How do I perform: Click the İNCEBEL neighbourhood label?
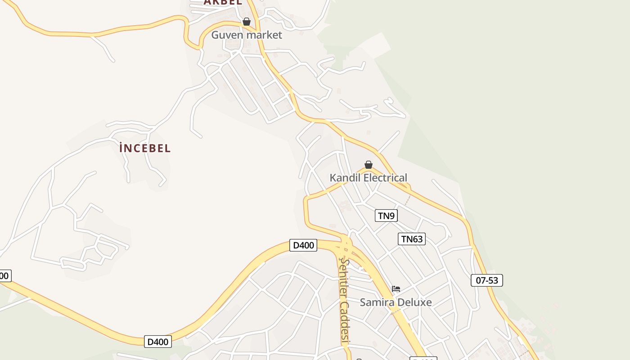[145, 148]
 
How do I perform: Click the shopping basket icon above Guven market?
[247, 22]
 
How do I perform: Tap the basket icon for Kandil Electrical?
[369, 165]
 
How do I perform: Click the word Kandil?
[345, 178]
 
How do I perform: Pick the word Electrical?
[385, 178]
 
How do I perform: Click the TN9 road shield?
[386, 216]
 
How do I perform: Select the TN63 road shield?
[412, 239]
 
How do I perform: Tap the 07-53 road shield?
[487, 280]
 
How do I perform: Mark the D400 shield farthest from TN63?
[158, 342]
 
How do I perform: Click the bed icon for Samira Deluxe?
[396, 289]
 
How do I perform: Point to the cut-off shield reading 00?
[4, 276]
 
